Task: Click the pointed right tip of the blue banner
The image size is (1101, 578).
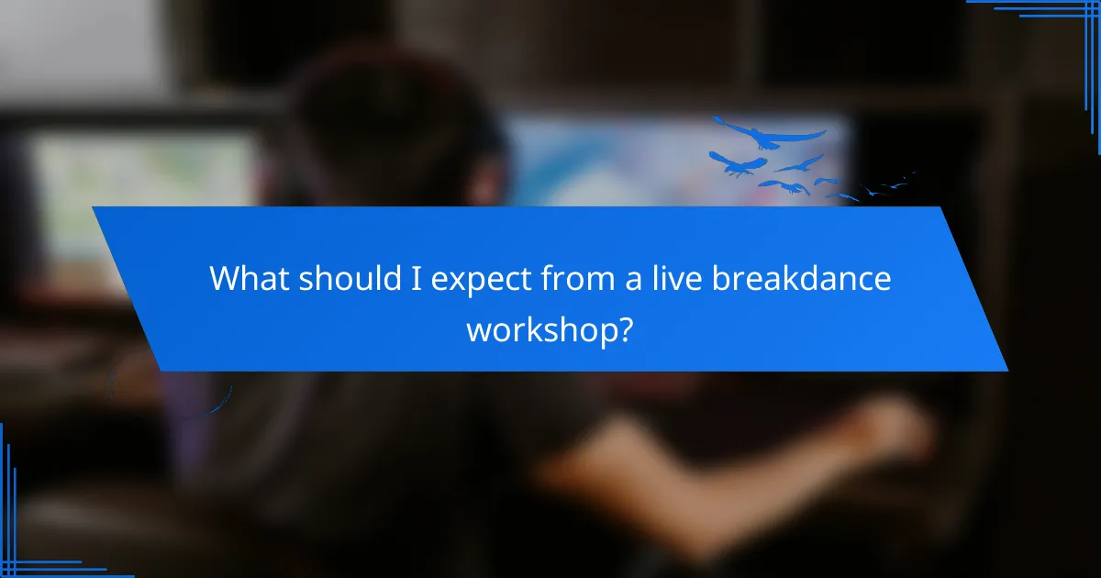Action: pos(1006,370)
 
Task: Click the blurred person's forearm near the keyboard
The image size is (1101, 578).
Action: pos(697,459)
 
